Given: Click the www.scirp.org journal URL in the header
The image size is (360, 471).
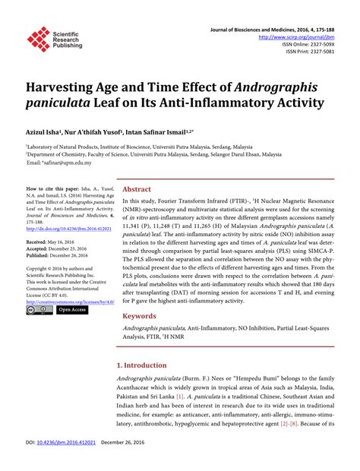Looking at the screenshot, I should [298, 36].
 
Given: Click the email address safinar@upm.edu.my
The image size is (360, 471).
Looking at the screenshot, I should [64, 163].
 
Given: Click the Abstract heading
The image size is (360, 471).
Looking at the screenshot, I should [137, 189].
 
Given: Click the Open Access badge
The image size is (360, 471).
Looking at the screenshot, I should [73, 310].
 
